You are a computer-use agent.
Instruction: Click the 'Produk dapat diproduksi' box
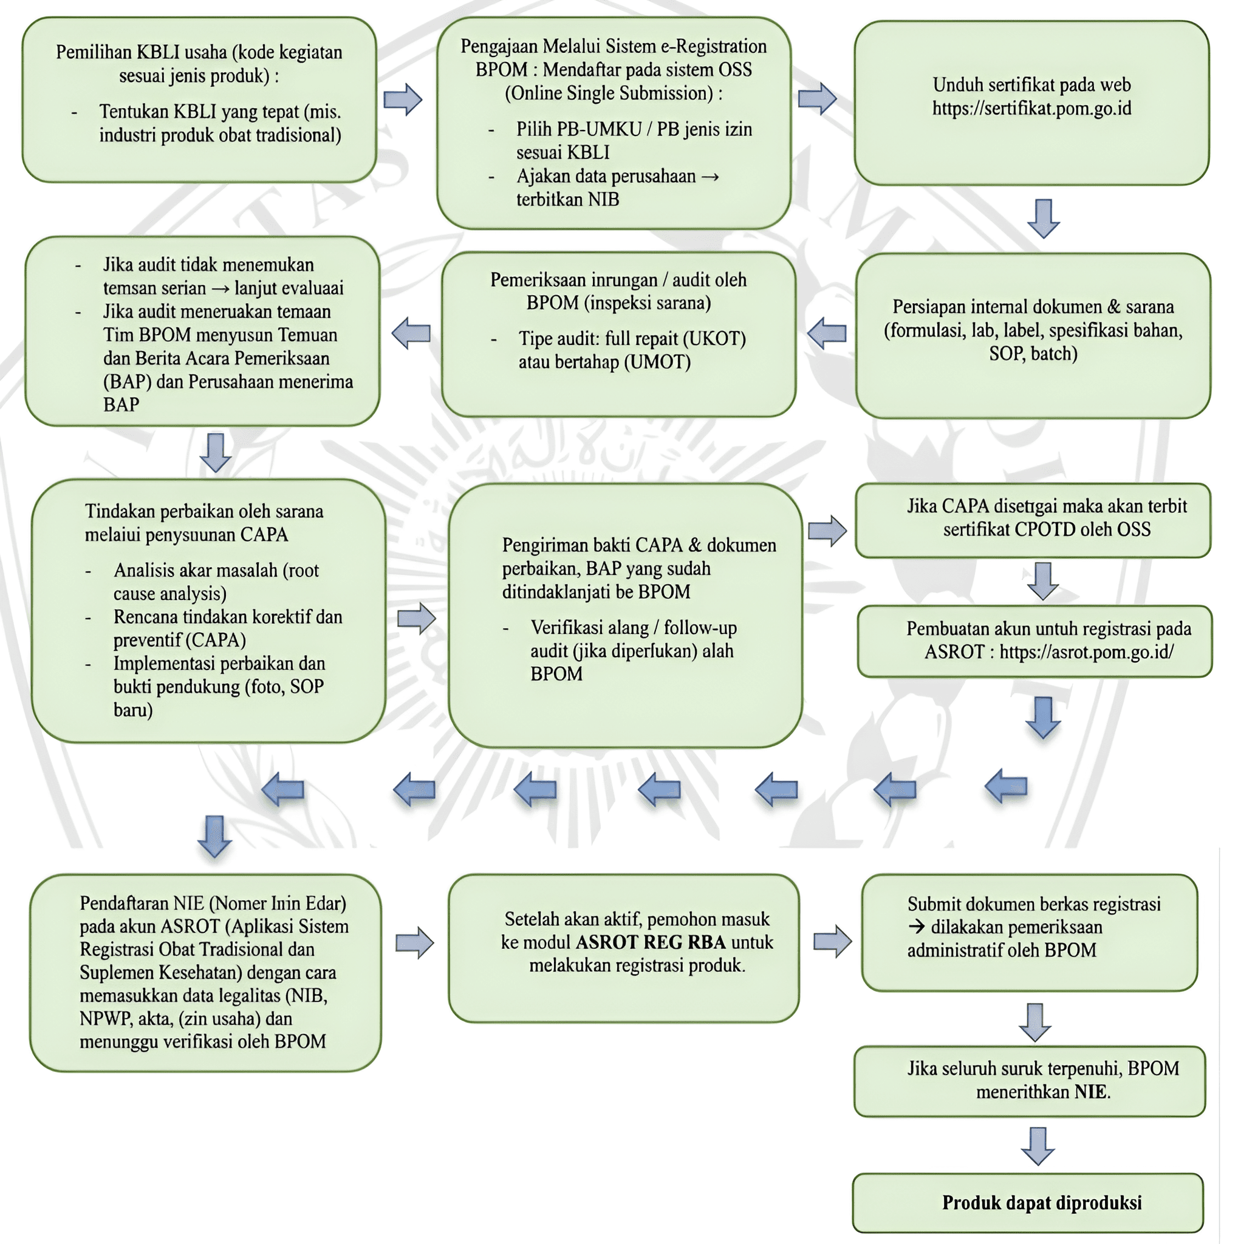(x=1028, y=1203)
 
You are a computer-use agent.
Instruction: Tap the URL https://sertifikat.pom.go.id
(x=1031, y=108)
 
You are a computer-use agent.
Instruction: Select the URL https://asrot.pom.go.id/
(x=1086, y=652)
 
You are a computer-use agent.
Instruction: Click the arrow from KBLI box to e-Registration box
(x=403, y=100)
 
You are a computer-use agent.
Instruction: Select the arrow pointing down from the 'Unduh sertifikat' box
(x=1043, y=218)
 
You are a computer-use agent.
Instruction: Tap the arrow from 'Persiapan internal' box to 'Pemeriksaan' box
(x=826, y=333)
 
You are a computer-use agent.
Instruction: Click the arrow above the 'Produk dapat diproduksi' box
(x=1038, y=1147)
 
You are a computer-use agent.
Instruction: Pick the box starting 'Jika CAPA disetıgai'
(x=1033, y=521)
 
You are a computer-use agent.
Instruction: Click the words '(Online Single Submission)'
(x=613, y=93)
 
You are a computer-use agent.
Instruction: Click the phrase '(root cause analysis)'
(x=216, y=582)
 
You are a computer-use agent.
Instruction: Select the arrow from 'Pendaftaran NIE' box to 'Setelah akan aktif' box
(x=414, y=943)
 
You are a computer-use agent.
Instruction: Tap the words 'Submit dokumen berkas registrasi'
(x=1033, y=904)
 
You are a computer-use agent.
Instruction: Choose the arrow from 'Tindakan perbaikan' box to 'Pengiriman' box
(x=416, y=618)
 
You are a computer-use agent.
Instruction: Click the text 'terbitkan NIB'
(x=568, y=199)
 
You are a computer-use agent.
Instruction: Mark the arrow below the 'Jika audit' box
(x=216, y=453)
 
